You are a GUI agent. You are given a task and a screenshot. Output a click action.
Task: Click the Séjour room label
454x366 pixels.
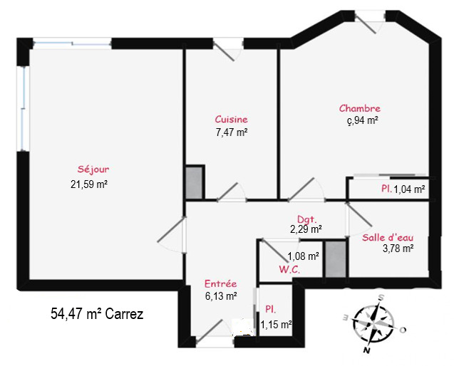(x=93, y=169)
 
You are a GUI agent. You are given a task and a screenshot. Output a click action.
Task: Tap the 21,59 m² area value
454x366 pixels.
(x=89, y=184)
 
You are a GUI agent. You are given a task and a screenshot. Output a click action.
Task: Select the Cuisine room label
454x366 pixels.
(x=232, y=120)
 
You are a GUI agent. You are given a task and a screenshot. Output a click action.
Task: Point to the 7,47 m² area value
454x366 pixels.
(x=232, y=132)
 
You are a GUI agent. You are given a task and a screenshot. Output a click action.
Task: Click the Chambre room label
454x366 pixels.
(x=360, y=108)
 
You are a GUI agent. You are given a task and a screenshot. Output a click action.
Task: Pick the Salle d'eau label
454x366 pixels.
(x=388, y=238)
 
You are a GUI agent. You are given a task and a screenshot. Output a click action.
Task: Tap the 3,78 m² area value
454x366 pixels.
(x=398, y=249)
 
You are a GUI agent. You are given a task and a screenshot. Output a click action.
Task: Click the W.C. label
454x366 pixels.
(x=289, y=270)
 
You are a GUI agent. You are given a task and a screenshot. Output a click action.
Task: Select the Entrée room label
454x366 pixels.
(x=221, y=283)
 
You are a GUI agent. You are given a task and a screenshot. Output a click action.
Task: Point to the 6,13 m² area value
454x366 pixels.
(x=221, y=296)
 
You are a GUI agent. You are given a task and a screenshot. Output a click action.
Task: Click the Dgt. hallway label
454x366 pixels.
(x=307, y=219)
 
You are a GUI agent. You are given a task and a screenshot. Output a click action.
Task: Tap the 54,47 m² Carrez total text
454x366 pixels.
(x=97, y=313)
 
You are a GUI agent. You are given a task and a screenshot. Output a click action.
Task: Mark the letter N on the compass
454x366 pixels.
(x=367, y=350)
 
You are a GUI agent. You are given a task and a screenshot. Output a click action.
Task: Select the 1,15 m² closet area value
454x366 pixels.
(x=276, y=325)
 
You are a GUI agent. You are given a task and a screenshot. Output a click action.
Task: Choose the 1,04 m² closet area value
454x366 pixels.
(x=409, y=189)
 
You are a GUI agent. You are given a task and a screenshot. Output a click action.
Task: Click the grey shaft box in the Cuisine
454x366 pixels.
(x=194, y=183)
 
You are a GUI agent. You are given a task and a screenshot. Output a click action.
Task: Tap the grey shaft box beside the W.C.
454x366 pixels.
(x=336, y=259)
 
